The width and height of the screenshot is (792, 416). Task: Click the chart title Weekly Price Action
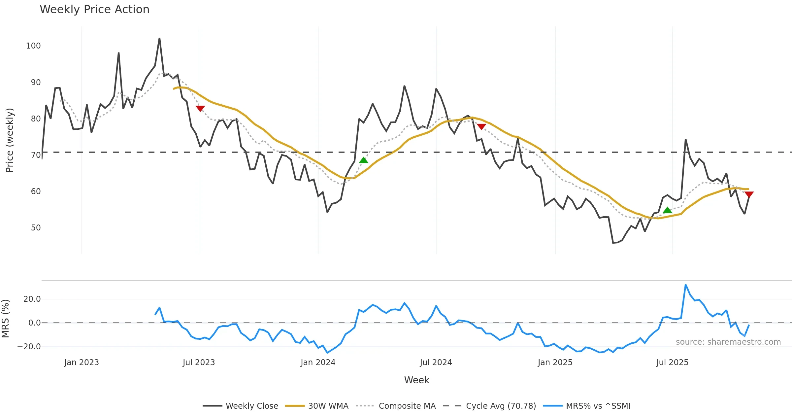tap(94, 10)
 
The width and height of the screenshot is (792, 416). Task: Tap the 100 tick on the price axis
tap(33, 46)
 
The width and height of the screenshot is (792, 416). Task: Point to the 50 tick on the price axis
tap(36, 228)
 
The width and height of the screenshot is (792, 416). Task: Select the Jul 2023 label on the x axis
tap(199, 363)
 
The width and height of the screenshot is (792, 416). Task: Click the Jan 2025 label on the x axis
tap(555, 363)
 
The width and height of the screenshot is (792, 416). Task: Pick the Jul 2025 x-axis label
tap(672, 363)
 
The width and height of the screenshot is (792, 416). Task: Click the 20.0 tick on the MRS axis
tap(32, 299)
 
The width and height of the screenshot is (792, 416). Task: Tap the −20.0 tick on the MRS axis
tap(29, 347)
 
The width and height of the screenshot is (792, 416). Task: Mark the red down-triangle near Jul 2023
tap(200, 108)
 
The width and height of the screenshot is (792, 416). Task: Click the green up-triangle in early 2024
tap(363, 160)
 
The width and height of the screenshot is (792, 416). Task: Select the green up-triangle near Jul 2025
tap(667, 210)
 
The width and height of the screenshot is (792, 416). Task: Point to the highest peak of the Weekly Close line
tap(159, 38)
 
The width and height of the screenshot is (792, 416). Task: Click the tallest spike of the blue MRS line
tap(685, 285)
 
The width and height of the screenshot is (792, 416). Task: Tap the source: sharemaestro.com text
tap(728, 342)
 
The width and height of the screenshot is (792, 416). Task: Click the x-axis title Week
tap(416, 380)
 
